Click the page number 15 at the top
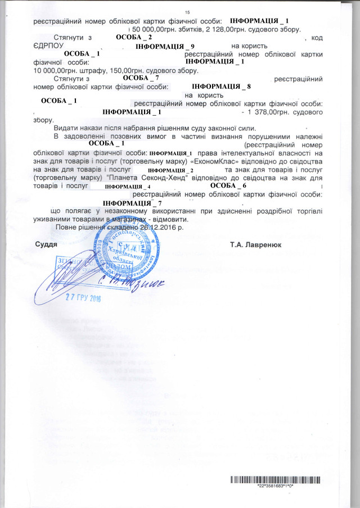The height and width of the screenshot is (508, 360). [188, 12]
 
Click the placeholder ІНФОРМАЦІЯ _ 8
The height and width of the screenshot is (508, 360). [221, 87]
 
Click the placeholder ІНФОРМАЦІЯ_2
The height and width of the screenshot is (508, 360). [174, 169]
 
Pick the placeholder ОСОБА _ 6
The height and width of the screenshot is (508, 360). [228, 185]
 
